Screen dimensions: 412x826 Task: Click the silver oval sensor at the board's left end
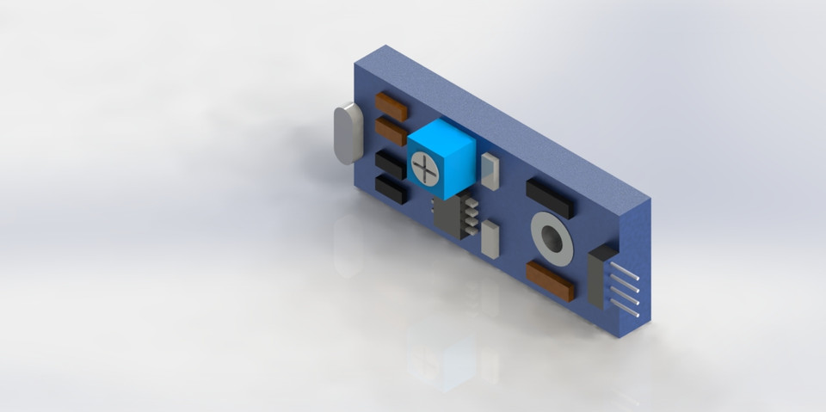pos(345,133)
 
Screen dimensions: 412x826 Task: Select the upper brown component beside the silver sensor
pos(391,107)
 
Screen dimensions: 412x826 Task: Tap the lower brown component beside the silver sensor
pos(391,132)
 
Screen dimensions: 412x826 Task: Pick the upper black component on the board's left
pos(391,163)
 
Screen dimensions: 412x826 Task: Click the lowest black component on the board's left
pos(391,189)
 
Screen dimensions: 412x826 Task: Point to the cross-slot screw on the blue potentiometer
pos(424,168)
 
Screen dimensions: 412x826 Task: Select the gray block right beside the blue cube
pos(490,171)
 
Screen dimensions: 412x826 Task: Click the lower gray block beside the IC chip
pos(490,239)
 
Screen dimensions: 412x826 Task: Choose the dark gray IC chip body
pos(447,216)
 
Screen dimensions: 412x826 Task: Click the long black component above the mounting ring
pos(549,198)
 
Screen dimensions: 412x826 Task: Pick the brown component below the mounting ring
pos(549,280)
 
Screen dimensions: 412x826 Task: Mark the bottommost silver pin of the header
pos(626,307)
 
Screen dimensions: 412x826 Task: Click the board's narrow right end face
pos(638,267)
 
